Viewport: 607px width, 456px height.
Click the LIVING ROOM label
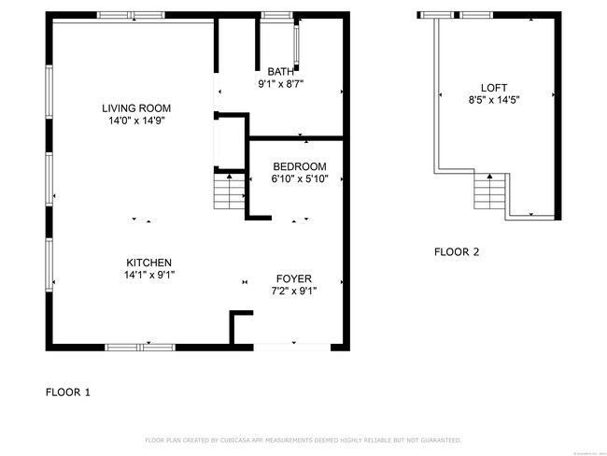point(136,108)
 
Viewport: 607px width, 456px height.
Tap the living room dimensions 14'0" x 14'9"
point(136,121)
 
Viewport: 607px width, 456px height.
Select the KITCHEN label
point(148,263)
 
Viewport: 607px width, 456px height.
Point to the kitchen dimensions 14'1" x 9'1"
point(148,275)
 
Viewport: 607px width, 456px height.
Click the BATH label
point(280,72)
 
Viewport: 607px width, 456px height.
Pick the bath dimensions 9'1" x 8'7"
point(280,84)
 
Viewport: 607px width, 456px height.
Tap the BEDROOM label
point(299,166)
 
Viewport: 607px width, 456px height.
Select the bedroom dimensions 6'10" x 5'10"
point(299,178)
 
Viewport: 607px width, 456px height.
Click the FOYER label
point(293,278)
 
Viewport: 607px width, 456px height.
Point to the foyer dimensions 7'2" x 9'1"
point(293,291)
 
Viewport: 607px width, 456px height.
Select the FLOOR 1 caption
point(68,392)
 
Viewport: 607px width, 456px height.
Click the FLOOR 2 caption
point(457,251)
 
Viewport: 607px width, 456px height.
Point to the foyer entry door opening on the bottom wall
point(289,346)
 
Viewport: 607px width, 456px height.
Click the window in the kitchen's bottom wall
point(140,347)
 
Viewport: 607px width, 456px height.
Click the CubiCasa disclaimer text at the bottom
point(303,439)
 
